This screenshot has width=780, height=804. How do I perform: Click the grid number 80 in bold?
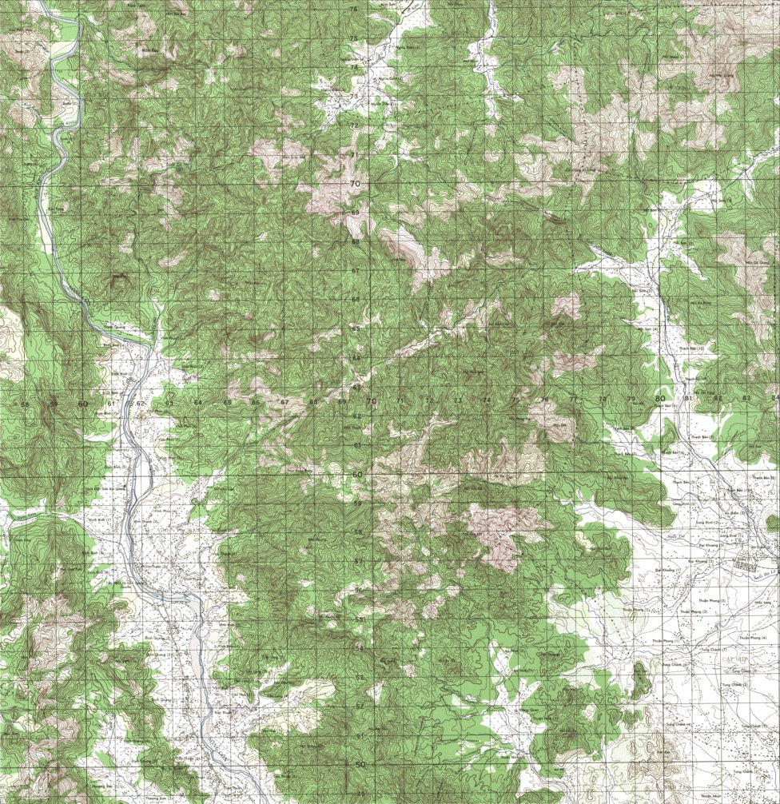pos(659,398)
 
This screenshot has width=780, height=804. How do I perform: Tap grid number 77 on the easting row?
pos(573,399)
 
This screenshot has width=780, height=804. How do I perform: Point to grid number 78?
pos(603,399)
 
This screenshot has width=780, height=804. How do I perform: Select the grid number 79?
pos(631,399)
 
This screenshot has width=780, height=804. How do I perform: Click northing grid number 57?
pos(359,562)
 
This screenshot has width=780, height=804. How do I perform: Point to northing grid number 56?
pos(359,591)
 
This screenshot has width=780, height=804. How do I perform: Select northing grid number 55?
pos(359,619)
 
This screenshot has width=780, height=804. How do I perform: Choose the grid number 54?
pos(359,648)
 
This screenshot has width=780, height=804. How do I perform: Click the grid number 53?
pos(359,677)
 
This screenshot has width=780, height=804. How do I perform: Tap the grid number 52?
pos(359,706)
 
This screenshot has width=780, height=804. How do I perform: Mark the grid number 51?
pos(359,735)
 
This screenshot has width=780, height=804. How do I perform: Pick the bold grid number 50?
pos(359,764)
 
